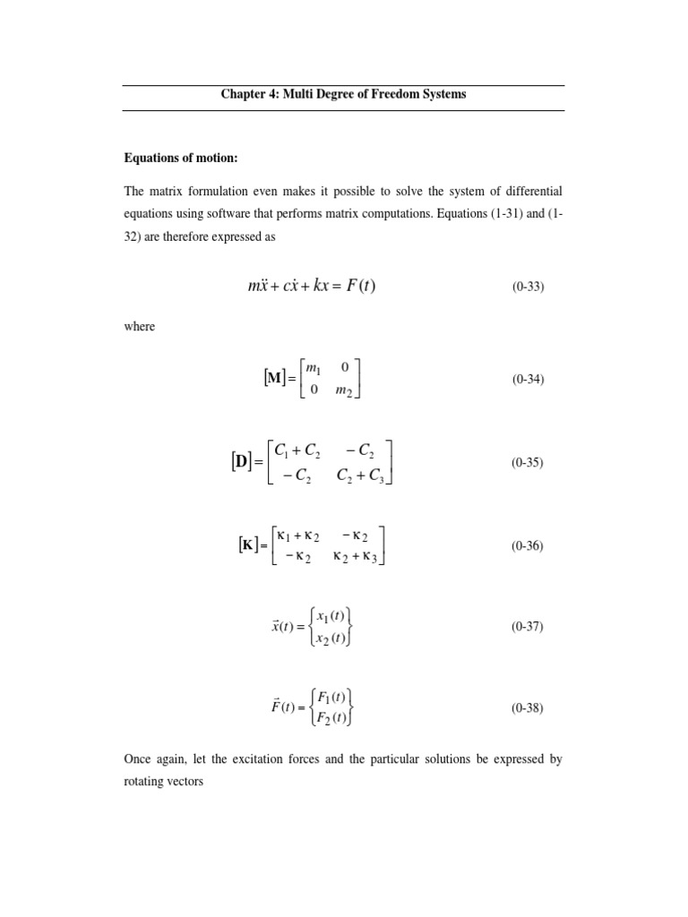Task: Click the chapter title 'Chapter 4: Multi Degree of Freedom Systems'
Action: click(x=343, y=94)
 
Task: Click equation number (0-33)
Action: click(x=529, y=287)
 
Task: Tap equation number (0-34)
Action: click(x=529, y=379)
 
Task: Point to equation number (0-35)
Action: click(x=529, y=463)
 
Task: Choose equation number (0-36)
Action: click(x=529, y=545)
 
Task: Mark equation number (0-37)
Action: click(x=529, y=626)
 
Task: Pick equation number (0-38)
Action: click(x=529, y=707)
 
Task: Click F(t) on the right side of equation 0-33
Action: click(x=367, y=287)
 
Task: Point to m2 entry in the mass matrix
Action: click(x=346, y=391)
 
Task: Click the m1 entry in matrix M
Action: click(x=314, y=367)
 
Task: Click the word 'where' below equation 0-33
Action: click(x=139, y=327)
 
